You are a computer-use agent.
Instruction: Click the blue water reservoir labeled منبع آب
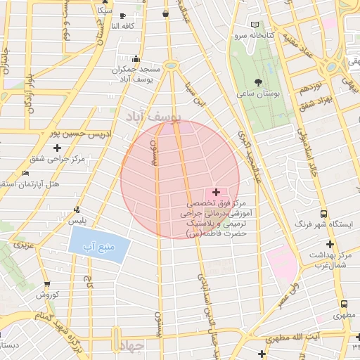point(99,247)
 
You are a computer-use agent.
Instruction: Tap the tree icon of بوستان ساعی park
point(268,82)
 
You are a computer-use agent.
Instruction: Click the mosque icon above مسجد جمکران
point(135,59)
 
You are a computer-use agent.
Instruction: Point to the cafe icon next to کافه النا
point(123,15)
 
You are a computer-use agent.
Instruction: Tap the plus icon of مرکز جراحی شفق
point(57,147)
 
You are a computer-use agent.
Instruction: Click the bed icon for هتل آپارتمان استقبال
point(26,173)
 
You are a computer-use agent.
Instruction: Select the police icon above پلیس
point(77,210)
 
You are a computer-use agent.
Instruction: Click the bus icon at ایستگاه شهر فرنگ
point(323,214)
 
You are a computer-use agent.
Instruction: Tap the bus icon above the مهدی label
point(344,304)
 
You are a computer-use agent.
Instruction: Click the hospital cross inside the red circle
point(215,191)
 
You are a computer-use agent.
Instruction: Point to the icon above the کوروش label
point(46,284)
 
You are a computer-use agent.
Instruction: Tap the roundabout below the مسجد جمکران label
point(170,65)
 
